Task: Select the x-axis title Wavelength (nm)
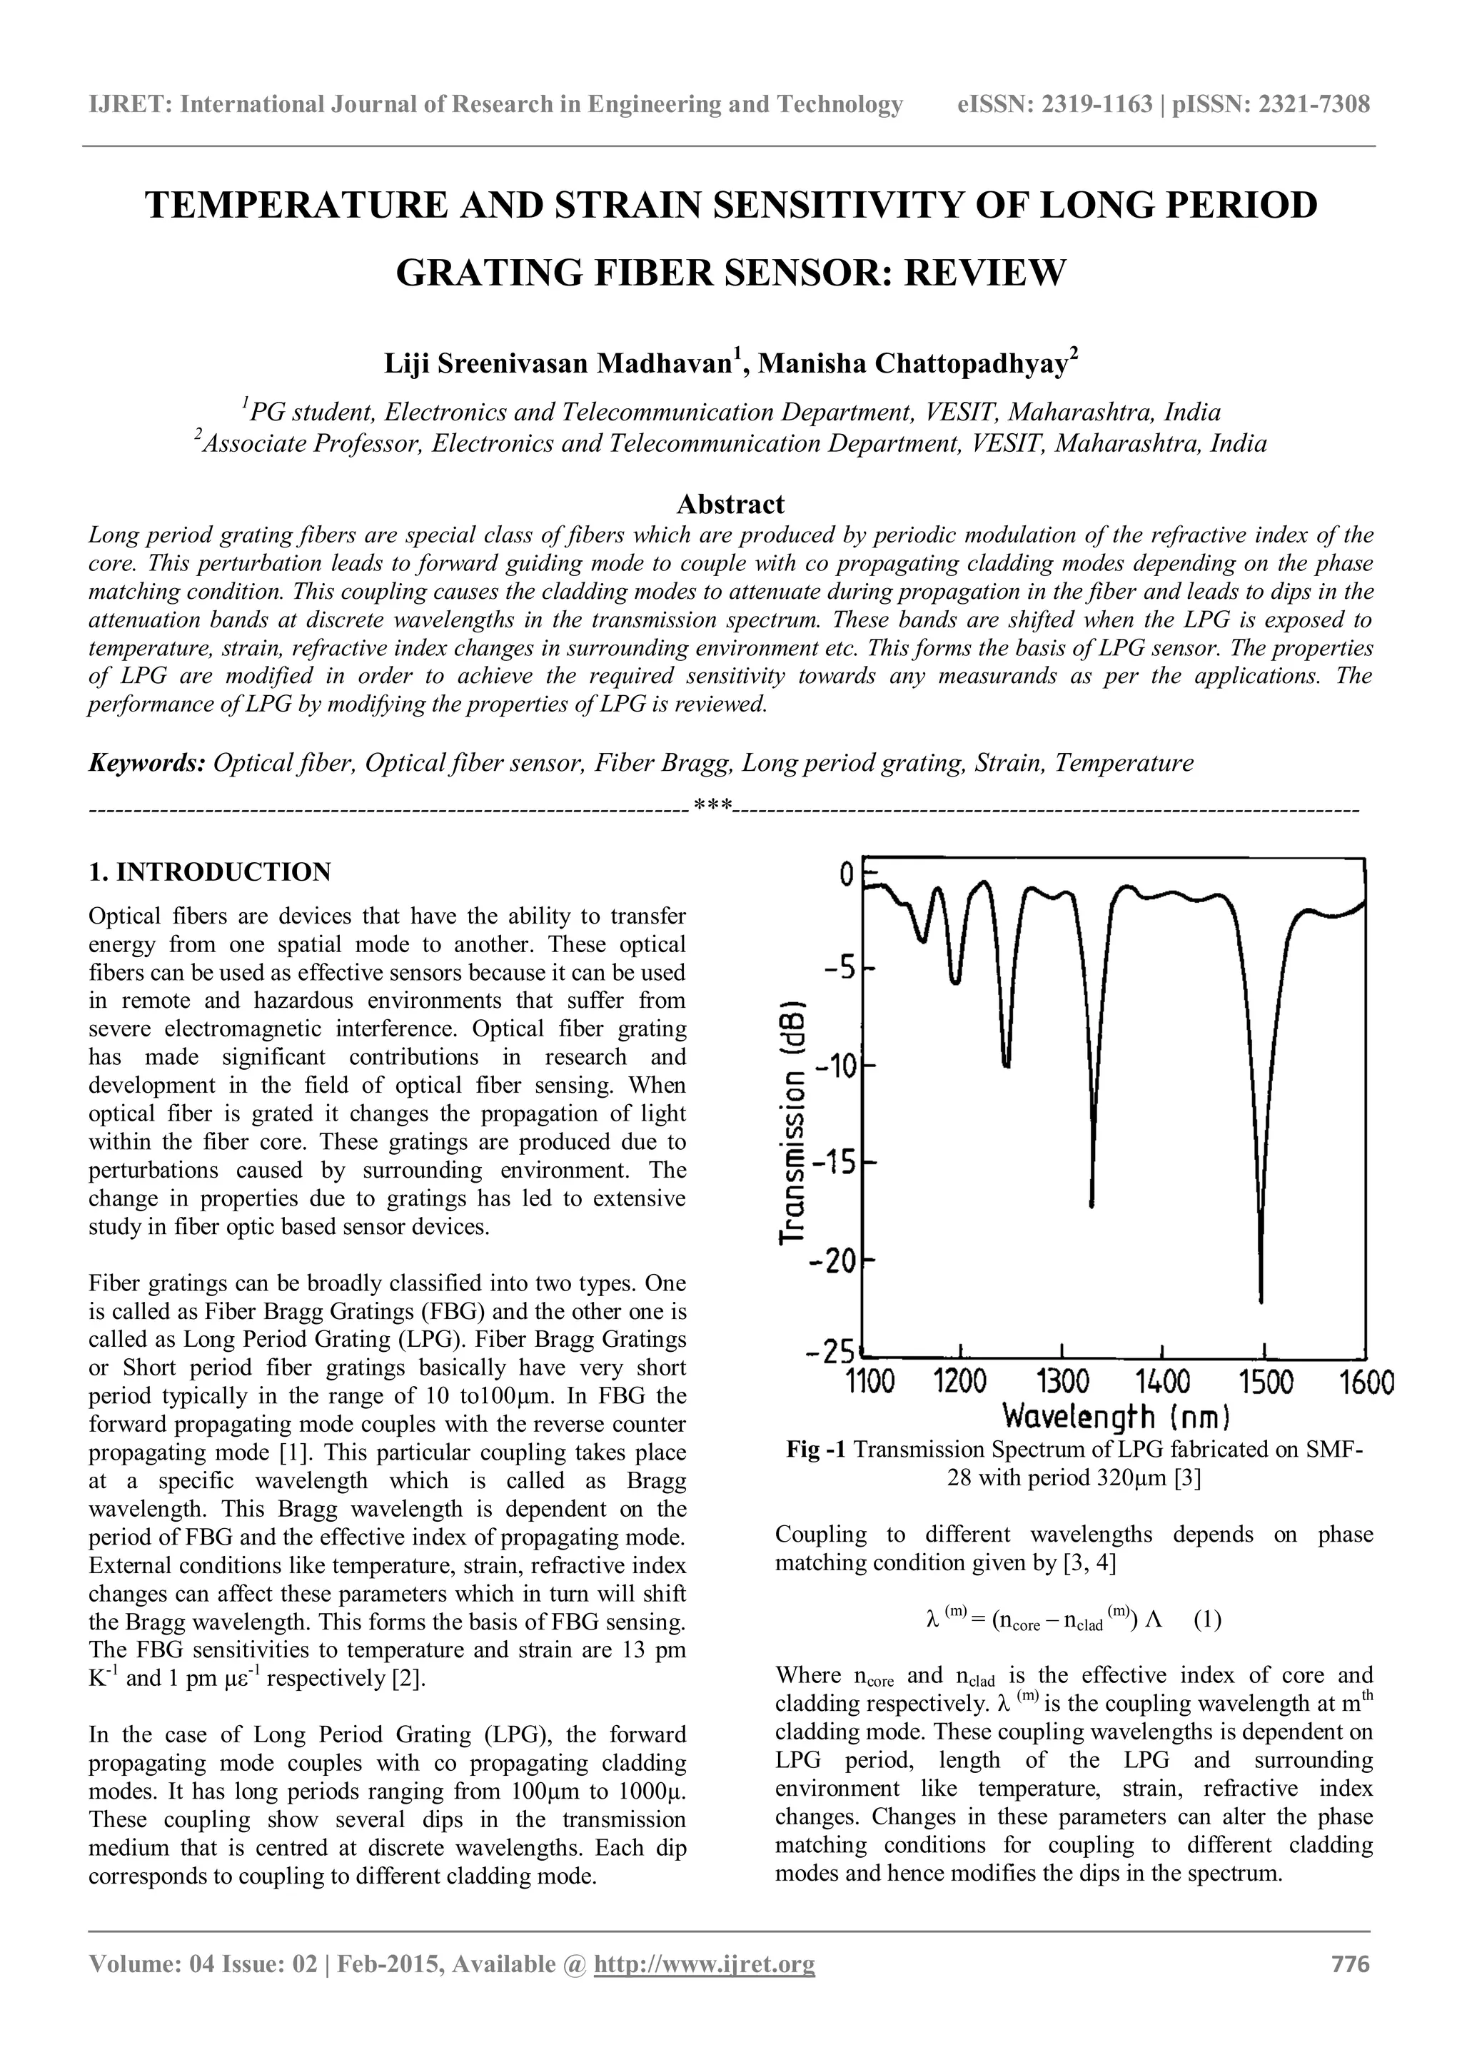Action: (x=1116, y=1417)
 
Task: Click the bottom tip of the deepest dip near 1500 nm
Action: (x=1261, y=1300)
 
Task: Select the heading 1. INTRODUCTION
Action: (x=210, y=871)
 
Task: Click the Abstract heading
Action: (x=730, y=503)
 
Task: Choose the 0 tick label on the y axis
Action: (x=846, y=873)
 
